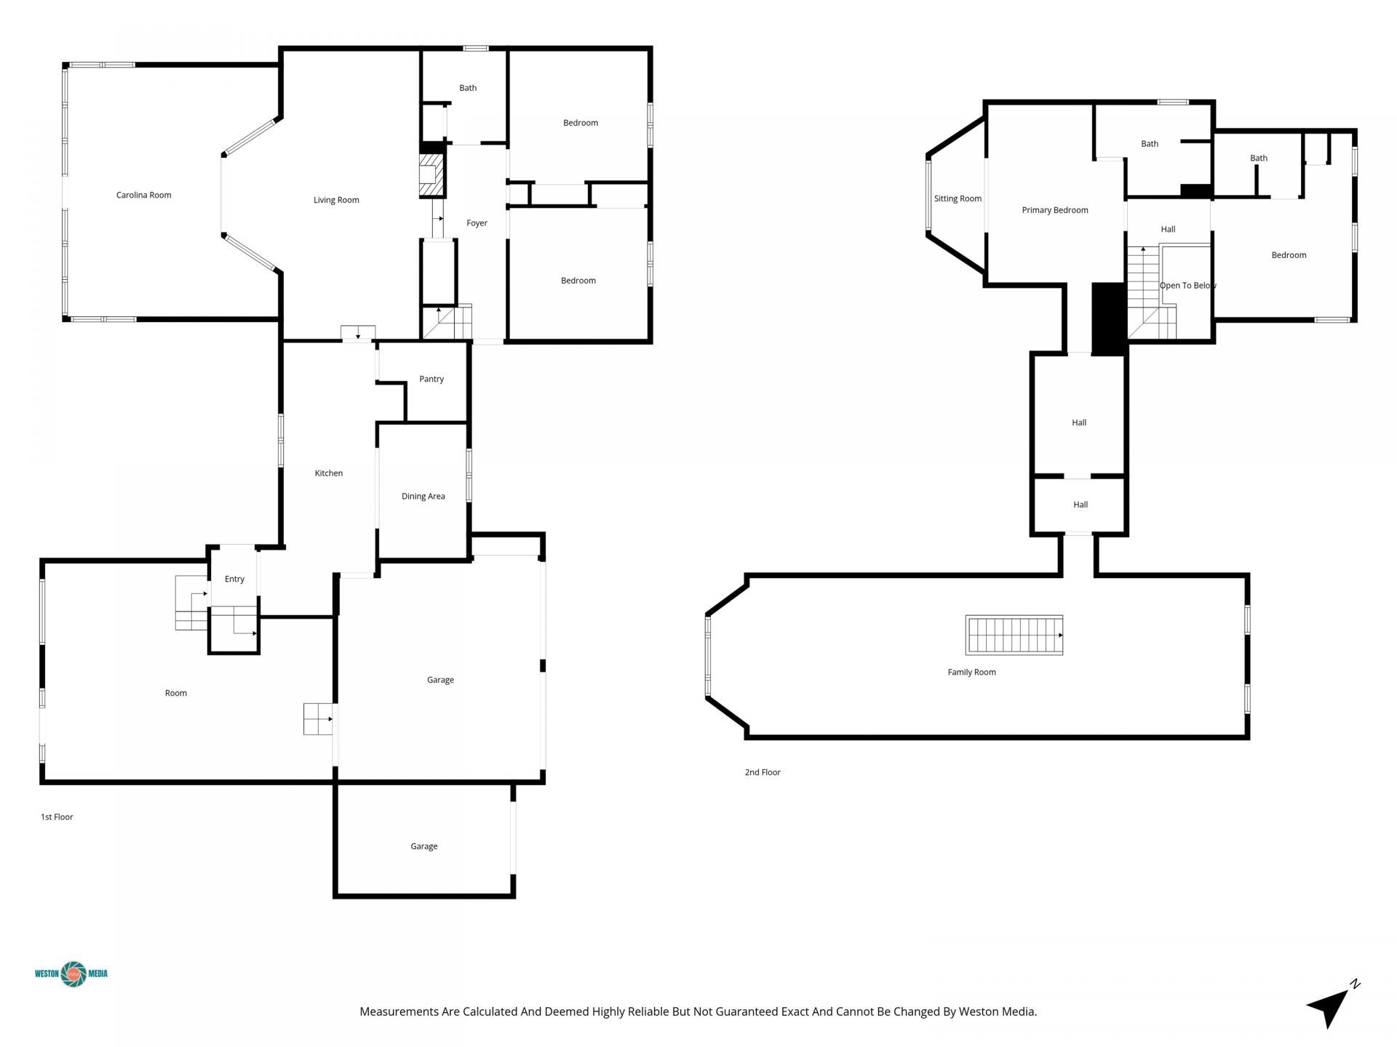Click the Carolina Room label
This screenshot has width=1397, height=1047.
tap(143, 195)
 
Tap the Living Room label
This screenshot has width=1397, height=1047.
tap(336, 200)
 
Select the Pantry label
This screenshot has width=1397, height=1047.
tap(431, 379)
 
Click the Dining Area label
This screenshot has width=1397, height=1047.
tap(423, 497)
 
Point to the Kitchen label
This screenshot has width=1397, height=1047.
tap(328, 473)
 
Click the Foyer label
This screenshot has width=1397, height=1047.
tap(477, 223)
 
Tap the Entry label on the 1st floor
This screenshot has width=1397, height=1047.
tap(234, 579)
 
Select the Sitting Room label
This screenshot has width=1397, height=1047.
tap(958, 198)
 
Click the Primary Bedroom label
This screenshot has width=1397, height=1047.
tap(1054, 210)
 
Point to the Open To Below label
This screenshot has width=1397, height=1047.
tap(1187, 286)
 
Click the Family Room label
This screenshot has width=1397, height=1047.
tap(971, 673)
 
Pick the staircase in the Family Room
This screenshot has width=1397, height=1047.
tap(1014, 635)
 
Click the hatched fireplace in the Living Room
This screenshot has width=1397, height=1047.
tap(431, 174)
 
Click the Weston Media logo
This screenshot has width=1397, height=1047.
tap(71, 974)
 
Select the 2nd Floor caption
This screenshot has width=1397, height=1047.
tap(762, 772)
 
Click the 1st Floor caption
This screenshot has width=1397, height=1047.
tap(57, 817)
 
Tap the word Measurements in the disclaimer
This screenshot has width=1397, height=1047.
tap(399, 1011)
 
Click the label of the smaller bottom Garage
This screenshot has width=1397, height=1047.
tap(423, 846)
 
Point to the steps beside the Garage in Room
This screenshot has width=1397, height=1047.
tap(318, 719)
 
